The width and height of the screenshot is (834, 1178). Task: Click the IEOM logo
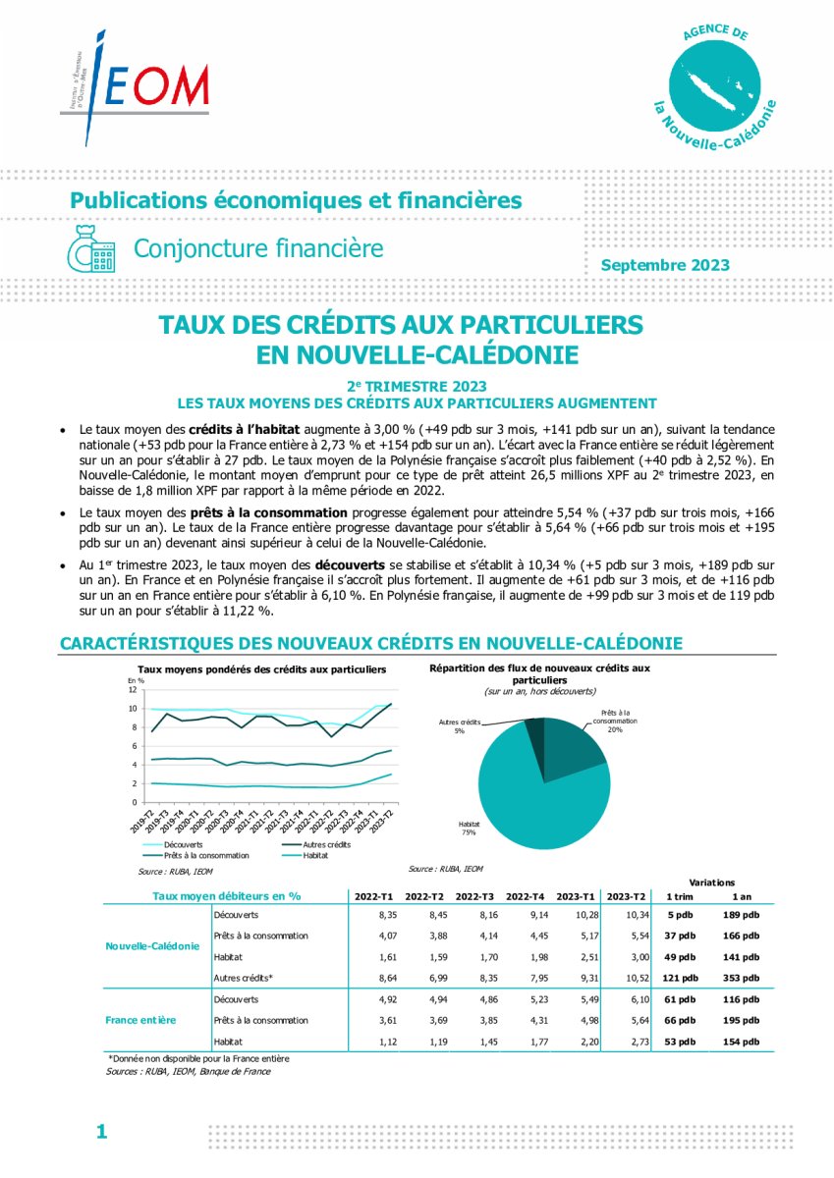click(x=135, y=87)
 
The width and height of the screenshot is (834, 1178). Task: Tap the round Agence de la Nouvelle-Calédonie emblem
click(x=714, y=85)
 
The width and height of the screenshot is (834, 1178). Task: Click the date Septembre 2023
click(x=665, y=265)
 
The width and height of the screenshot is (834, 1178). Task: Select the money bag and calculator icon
click(x=91, y=249)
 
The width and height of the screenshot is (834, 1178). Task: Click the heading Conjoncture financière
click(x=258, y=248)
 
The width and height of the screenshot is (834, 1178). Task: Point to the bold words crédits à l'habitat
click(x=245, y=429)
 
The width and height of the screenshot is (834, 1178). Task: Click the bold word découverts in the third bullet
click(x=350, y=565)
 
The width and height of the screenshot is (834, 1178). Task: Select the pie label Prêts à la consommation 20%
click(x=615, y=721)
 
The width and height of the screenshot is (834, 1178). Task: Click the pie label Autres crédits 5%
click(x=460, y=726)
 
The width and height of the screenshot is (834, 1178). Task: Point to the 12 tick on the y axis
click(x=132, y=689)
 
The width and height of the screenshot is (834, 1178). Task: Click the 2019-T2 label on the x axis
click(x=141, y=821)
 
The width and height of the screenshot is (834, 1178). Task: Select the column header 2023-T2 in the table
click(x=626, y=896)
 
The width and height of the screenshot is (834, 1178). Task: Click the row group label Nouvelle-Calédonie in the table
click(x=152, y=946)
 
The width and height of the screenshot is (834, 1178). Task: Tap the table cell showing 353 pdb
click(x=741, y=978)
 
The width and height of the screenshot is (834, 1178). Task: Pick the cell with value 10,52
click(x=638, y=978)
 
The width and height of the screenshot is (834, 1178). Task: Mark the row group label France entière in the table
click(x=140, y=1020)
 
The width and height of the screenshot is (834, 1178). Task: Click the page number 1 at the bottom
click(x=101, y=1131)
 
